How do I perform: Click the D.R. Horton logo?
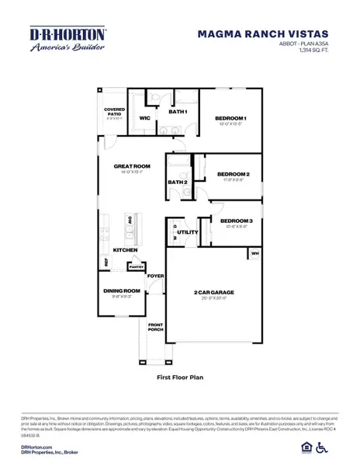pyautogui.click(x=57, y=40)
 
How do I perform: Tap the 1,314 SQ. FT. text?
pyautogui.click(x=312, y=50)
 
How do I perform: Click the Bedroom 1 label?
pyautogui.click(x=232, y=118)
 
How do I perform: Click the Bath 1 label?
pyautogui.click(x=178, y=112)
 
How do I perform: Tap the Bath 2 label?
pyautogui.click(x=177, y=183)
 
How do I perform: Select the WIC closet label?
pyautogui.click(x=144, y=118)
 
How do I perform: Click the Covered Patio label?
pyautogui.click(x=114, y=113)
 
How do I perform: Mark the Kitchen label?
pyautogui.click(x=126, y=250)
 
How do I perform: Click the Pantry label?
pyautogui.click(x=137, y=266)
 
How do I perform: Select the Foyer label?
pyautogui.click(x=156, y=276)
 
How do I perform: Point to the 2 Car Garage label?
pyautogui.click(x=214, y=292)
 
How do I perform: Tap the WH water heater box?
pyautogui.click(x=254, y=254)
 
